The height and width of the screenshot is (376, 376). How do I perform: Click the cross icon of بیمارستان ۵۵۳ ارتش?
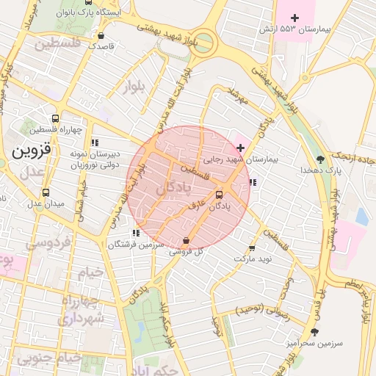295,18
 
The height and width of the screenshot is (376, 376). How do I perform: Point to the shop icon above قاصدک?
101,35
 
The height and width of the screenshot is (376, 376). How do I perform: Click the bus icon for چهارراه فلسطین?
56,118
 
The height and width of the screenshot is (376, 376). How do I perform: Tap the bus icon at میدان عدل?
46,192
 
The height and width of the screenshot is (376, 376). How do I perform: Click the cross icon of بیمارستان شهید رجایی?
240,148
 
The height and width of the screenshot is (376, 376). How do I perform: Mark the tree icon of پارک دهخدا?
319,159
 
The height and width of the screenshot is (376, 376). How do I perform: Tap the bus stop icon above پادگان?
219,195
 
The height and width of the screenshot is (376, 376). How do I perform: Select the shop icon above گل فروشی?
186,240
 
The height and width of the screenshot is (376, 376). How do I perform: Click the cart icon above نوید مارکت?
253,248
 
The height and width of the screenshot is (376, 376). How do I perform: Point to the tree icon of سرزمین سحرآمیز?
314,332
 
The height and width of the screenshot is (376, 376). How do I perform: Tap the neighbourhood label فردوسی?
48,242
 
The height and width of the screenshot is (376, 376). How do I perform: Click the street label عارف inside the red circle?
195,208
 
